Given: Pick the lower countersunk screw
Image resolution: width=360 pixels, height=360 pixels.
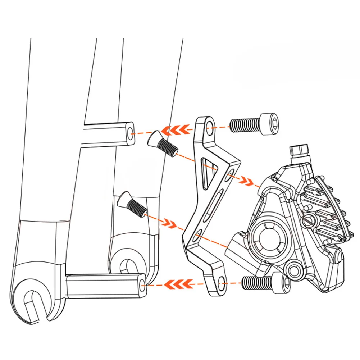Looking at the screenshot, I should point(132,204).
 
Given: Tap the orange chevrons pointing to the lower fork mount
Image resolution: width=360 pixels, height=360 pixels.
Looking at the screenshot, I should point(177,284).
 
